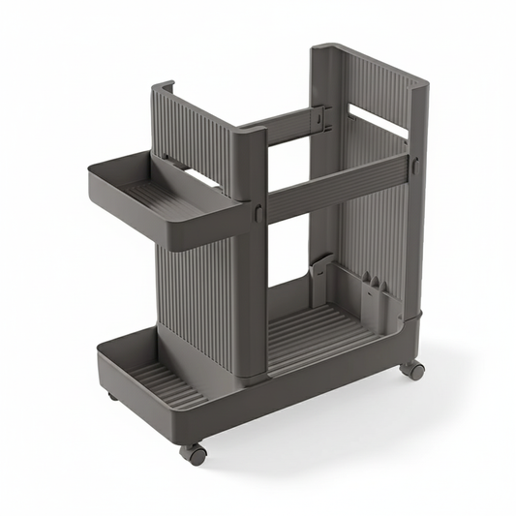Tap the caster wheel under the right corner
[414, 369]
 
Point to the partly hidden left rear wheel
[113, 396]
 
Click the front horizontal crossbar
[334, 187]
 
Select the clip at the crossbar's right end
[413, 167]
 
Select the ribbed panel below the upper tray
[194, 290]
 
